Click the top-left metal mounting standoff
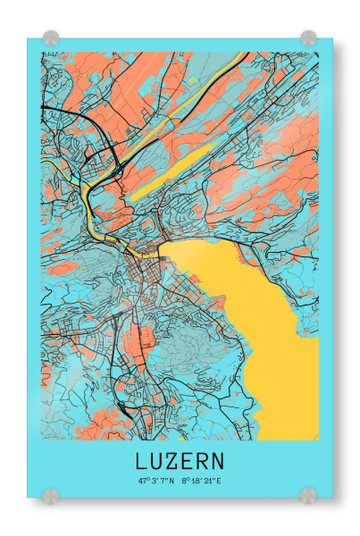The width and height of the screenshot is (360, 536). click(x=51, y=38)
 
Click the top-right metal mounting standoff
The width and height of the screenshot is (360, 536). click(x=308, y=38)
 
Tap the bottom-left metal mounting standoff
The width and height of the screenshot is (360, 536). click(x=51, y=494)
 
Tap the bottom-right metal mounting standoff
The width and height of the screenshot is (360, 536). click(x=308, y=494)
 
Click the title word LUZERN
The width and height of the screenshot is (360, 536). click(x=180, y=462)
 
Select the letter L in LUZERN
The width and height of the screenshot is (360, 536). click(x=142, y=462)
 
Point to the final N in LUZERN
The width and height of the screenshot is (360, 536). click(x=218, y=462)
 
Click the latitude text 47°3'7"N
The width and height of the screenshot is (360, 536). click(x=155, y=482)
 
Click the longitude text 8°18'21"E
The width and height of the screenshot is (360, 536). click(x=200, y=482)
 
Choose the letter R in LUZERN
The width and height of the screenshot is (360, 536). click(x=203, y=462)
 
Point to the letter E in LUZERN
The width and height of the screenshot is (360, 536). click(x=188, y=462)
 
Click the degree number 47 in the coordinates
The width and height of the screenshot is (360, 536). click(x=141, y=482)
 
